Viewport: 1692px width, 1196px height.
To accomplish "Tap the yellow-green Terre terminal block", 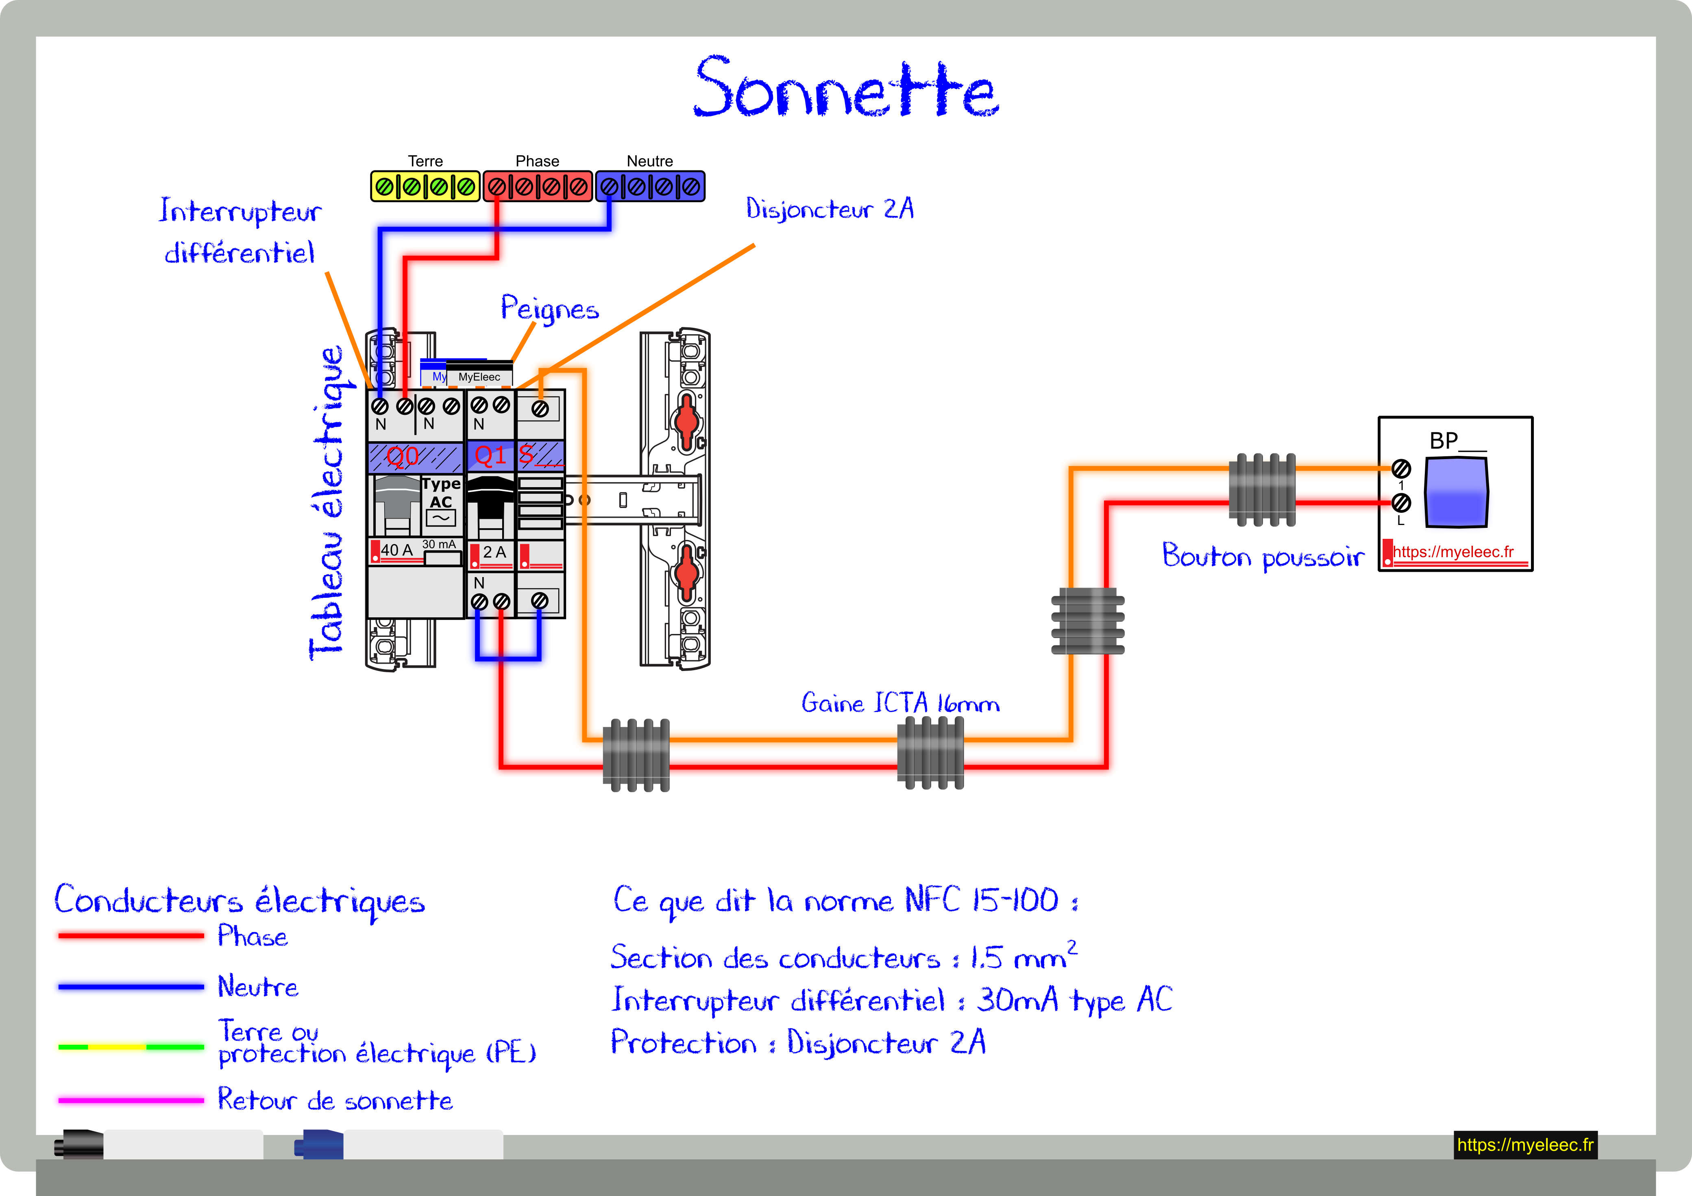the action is (425, 186).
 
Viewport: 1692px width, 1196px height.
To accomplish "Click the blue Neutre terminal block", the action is (650, 186).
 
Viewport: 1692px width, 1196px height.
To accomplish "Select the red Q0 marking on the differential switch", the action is (403, 457).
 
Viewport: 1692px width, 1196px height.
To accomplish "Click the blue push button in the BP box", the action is (1456, 492).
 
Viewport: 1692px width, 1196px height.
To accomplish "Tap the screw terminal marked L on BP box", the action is (1401, 503).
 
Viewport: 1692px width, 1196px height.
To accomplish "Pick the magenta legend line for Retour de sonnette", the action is (131, 1100).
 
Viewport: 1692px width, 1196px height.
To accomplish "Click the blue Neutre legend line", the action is (131, 987).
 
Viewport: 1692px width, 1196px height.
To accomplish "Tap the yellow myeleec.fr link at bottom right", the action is (1525, 1144).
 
